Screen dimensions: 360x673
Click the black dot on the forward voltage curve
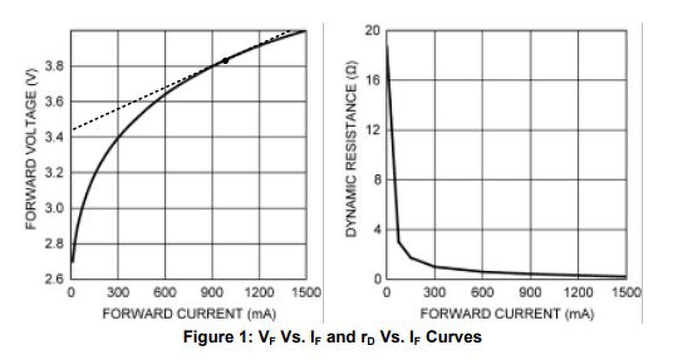(x=226, y=60)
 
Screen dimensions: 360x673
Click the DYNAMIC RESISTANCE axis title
(x=351, y=149)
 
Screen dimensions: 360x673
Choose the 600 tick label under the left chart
(x=165, y=293)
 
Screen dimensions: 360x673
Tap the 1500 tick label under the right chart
(x=626, y=293)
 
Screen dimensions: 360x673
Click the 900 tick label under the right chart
(x=531, y=293)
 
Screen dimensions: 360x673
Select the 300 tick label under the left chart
(x=118, y=293)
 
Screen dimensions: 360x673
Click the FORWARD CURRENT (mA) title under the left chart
(x=189, y=314)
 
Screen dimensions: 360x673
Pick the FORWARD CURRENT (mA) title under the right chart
(x=507, y=314)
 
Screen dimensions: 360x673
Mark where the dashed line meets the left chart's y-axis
(x=72, y=130)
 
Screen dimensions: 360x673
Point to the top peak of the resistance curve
(x=388, y=46)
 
